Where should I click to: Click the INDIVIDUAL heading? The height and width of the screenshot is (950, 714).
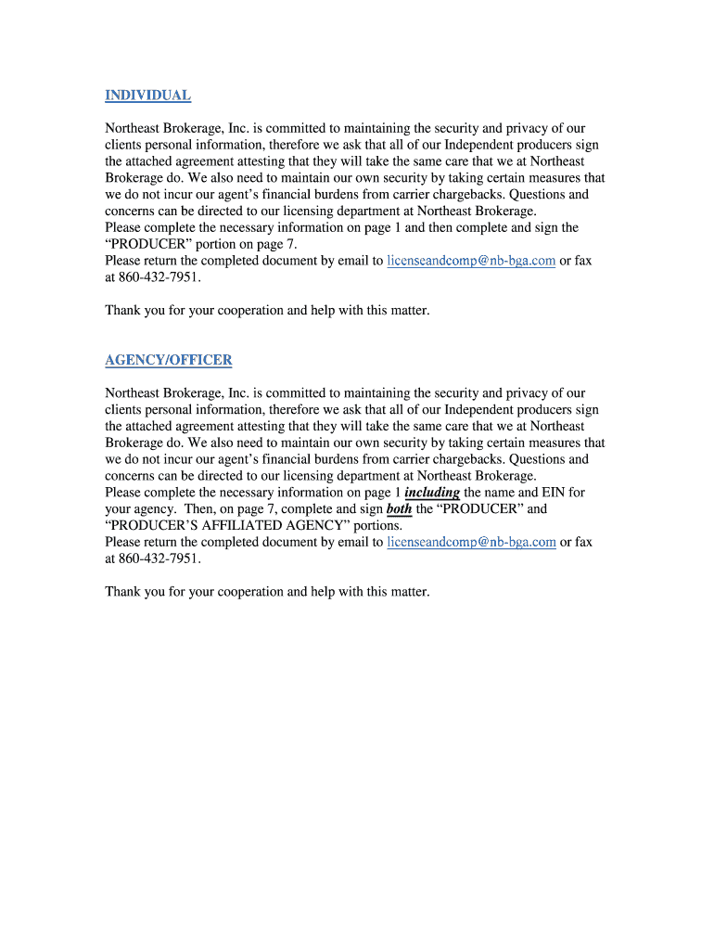147,96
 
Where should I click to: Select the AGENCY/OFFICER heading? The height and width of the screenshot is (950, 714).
168,360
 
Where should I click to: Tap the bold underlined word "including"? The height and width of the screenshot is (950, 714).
432,493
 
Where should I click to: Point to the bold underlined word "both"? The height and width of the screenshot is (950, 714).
400,509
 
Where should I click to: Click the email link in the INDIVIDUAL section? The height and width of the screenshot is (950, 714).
471,261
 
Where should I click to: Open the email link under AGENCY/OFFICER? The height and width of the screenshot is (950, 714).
471,542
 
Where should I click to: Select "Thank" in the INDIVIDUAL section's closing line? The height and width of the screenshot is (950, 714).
123,311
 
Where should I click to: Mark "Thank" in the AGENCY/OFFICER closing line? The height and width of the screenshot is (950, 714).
123,592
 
